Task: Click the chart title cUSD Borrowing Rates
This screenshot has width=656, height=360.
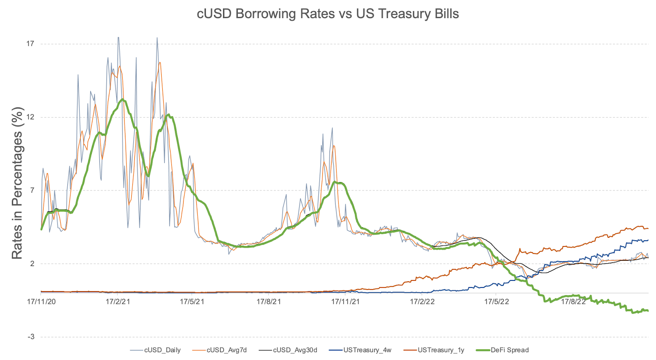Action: point(328,14)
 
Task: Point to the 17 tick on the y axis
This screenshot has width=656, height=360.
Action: point(30,43)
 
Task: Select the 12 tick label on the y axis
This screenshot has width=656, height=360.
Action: point(30,117)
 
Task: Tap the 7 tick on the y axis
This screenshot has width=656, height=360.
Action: point(32,190)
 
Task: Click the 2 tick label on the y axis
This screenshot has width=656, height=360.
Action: point(32,263)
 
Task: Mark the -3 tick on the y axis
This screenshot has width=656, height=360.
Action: point(31,337)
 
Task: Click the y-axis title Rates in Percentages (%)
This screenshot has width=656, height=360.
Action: point(17,183)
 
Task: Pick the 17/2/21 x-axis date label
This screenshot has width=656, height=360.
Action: point(118,302)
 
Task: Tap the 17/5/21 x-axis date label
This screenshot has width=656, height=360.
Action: point(192,302)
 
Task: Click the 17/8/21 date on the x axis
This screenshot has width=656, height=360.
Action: point(269,302)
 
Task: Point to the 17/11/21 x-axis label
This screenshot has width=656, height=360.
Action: point(345,302)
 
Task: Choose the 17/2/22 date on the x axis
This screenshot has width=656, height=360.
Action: point(422,302)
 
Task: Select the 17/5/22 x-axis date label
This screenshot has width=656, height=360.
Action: point(497,302)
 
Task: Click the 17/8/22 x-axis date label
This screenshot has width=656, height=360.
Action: point(573,302)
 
